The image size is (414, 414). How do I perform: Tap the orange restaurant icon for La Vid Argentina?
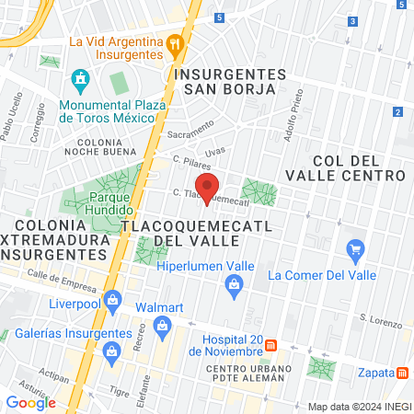coord(174,42)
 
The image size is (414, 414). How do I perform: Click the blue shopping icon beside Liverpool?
coord(112,299)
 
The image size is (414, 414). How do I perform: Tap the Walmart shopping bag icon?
coord(163,325)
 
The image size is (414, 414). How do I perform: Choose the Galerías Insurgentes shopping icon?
coord(112,350)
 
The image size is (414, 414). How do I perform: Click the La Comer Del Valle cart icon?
coord(354,248)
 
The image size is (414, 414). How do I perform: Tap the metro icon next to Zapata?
coord(403,373)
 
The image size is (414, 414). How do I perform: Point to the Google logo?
coord(30,402)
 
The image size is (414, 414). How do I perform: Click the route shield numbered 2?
coord(397,112)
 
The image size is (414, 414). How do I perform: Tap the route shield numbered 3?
coord(353,21)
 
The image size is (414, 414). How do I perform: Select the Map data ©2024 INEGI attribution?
coord(359,407)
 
